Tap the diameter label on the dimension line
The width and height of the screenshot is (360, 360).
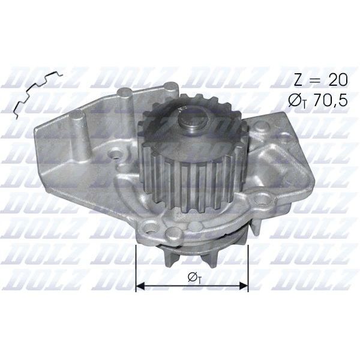click(x=192, y=277)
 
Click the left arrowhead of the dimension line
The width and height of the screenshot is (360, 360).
click(x=140, y=286)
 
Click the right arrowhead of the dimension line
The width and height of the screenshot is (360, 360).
click(x=244, y=286)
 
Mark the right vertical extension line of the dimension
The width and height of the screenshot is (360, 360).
click(x=248, y=264)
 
